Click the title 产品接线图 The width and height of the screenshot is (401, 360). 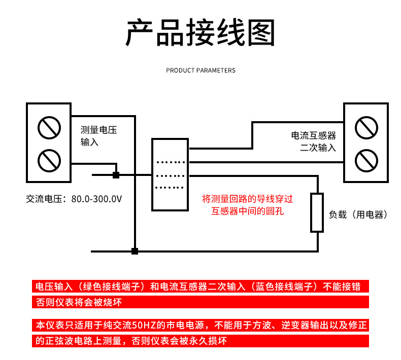200,33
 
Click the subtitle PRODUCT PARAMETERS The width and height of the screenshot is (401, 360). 201,70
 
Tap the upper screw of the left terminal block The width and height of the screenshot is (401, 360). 48,127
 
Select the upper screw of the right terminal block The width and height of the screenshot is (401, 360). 366,127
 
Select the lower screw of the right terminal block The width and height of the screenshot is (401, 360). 366,161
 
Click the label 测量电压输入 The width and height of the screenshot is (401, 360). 98,136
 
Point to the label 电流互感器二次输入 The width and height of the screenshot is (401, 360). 313,141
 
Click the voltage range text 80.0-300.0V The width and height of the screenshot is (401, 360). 96,199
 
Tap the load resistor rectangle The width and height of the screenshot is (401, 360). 317,212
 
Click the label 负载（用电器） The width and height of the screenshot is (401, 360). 358,214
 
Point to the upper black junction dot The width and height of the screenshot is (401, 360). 116,175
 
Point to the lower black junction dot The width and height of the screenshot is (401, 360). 135,251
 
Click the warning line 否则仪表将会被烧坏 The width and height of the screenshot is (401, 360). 79,303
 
